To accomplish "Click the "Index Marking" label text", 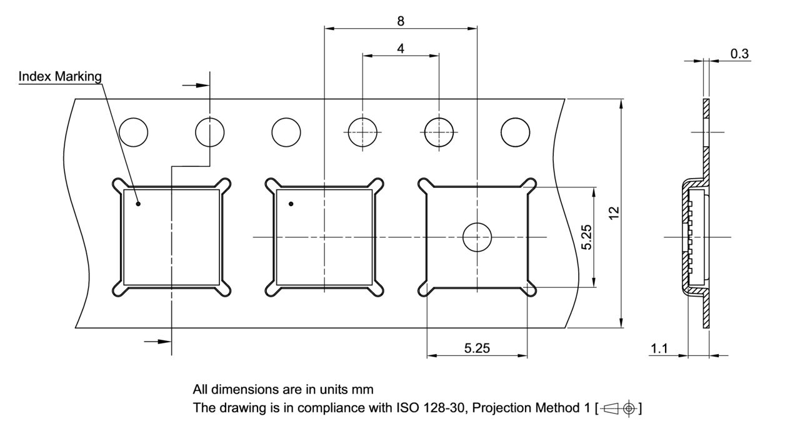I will pos(60,76).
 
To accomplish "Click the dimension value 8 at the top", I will pos(401,21).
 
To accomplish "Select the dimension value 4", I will pos(401,48).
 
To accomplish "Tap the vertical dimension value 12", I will pos(614,213).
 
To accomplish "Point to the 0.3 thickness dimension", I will pos(739,54).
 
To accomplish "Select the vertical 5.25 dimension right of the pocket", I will pos(586,237).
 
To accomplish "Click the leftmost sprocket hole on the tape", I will pos(134,132).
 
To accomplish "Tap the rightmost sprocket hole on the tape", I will pos(516,132).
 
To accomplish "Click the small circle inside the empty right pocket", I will pos(477,237).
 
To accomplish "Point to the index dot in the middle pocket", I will pos(291,204).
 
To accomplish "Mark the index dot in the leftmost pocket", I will pos(138,204).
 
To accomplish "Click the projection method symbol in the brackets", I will pos(619,409).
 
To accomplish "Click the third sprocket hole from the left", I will pos(286,132).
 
